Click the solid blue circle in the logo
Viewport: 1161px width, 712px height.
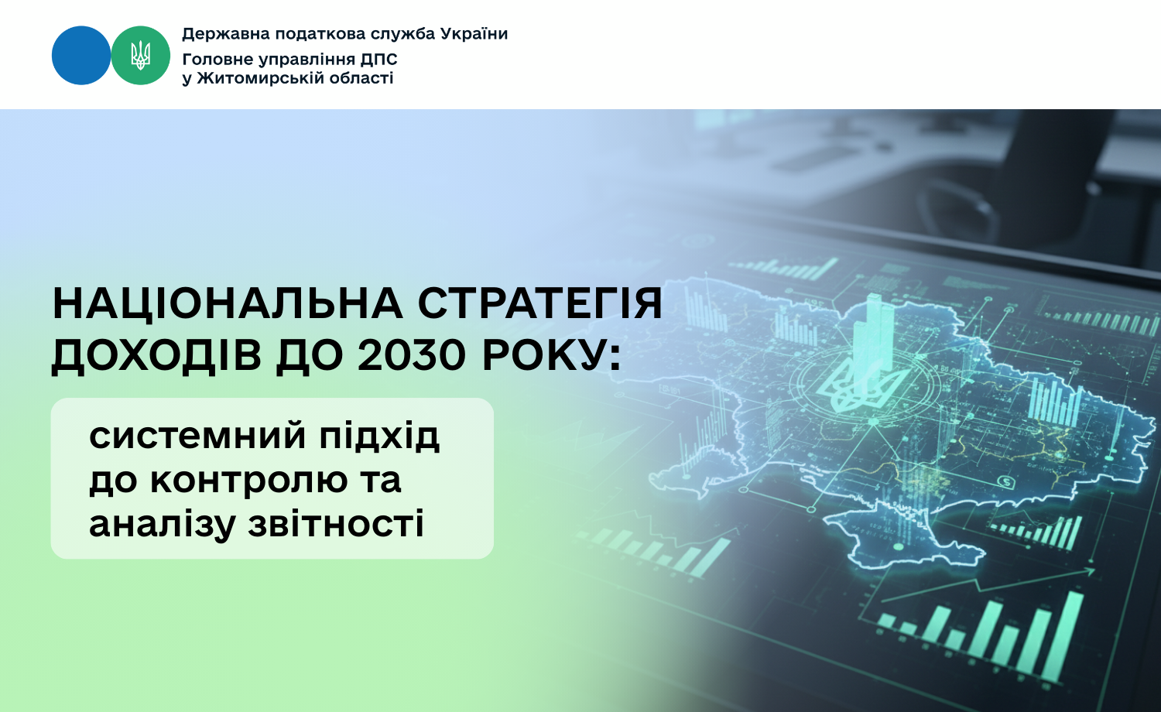[x=81, y=56]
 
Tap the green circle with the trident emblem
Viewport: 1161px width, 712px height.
[x=140, y=56]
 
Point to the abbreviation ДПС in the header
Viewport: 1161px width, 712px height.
[x=379, y=60]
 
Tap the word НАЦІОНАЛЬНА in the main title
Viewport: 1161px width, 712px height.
[x=228, y=303]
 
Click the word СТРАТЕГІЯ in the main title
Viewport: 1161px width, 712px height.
[x=540, y=303]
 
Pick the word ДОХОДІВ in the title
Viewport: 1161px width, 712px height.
[x=156, y=357]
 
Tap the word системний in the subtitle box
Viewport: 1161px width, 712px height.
[x=197, y=436]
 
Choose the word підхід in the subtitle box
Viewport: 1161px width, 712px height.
[x=379, y=436]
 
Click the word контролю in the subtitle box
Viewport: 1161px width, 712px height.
[x=249, y=481]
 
